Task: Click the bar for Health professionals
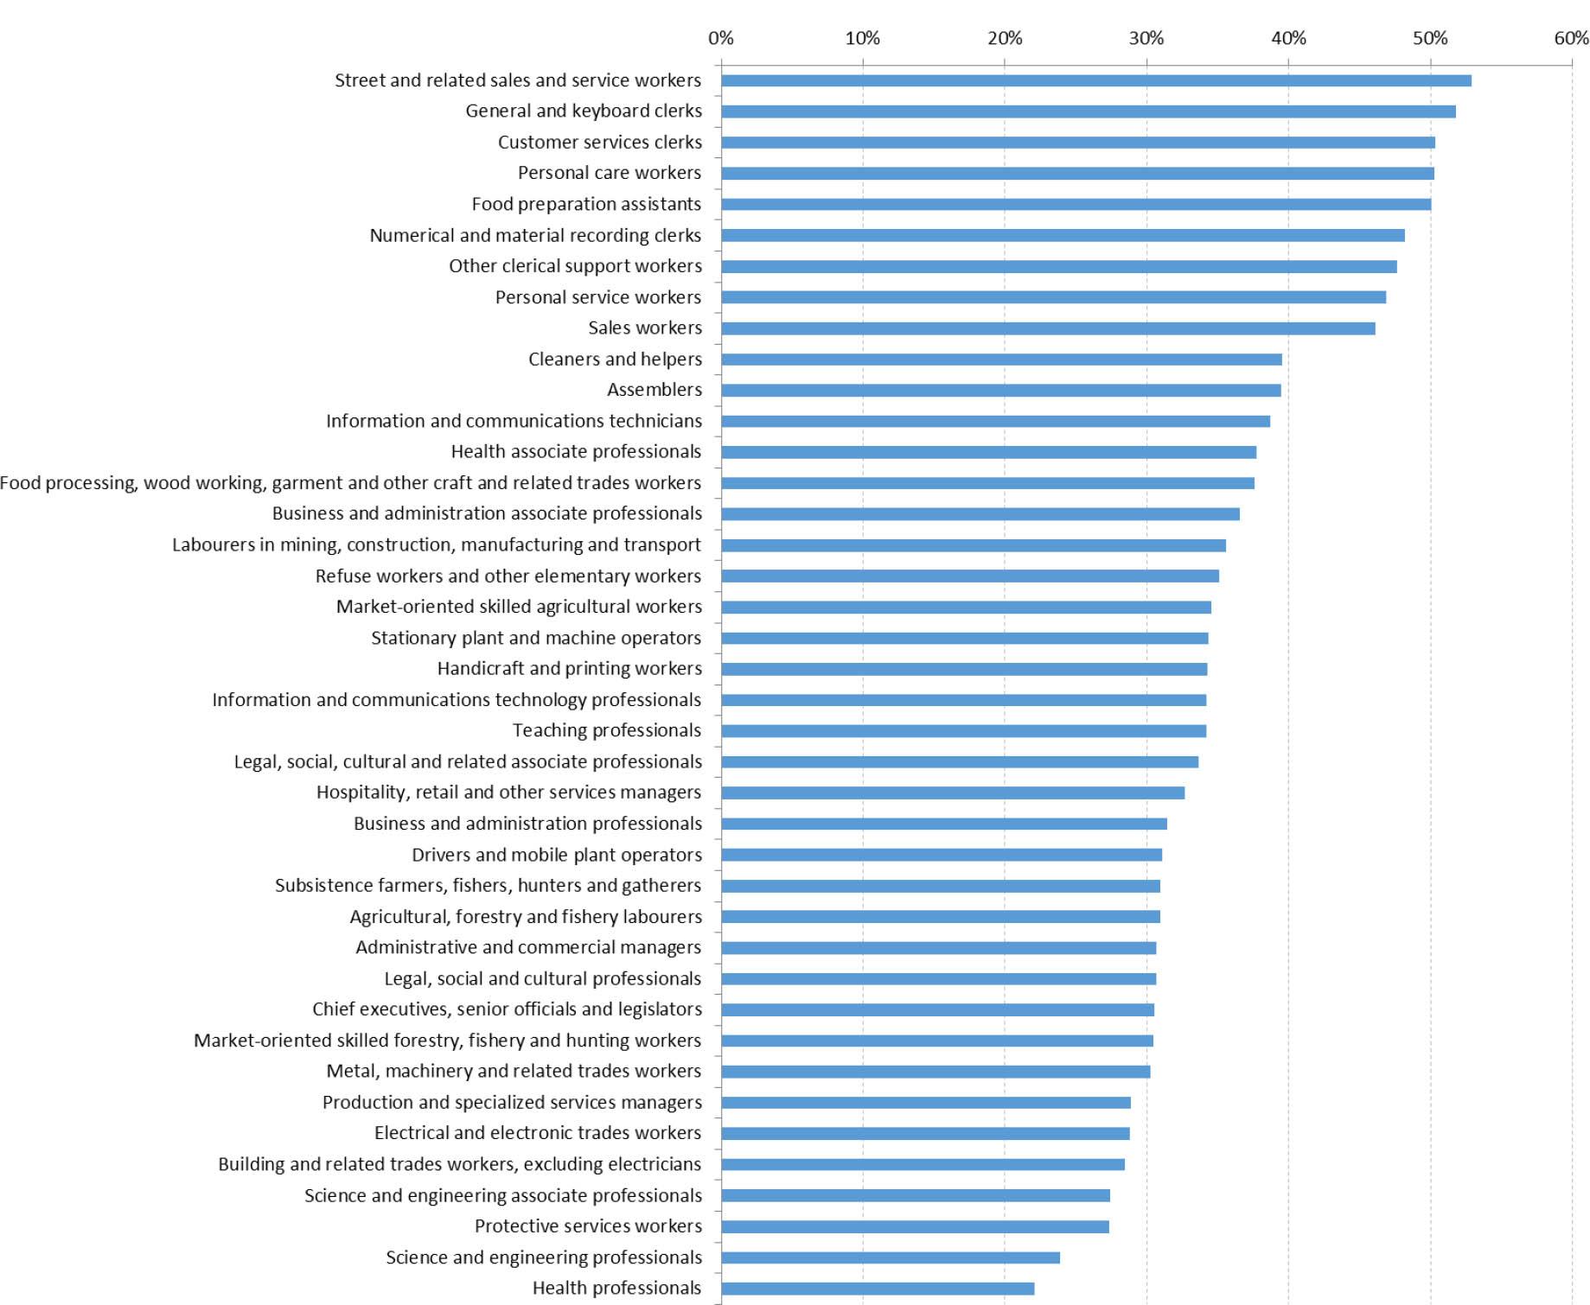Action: [x=878, y=1289]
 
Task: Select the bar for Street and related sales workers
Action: [x=1095, y=80]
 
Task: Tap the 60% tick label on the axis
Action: [x=1571, y=38]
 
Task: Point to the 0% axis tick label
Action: [x=720, y=38]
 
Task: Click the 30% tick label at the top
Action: [x=1146, y=38]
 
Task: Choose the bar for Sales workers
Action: [x=1048, y=328]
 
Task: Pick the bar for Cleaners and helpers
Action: [x=1001, y=360]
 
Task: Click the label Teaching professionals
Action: [x=606, y=730]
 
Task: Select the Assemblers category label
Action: [x=654, y=390]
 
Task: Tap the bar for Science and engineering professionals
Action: [x=891, y=1257]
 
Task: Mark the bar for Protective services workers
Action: [x=915, y=1226]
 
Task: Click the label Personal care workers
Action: [x=609, y=173]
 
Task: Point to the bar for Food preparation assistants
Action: [x=1076, y=205]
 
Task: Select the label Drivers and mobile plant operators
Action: [x=556, y=855]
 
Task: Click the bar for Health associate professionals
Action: [x=988, y=452]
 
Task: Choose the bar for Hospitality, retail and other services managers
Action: [x=953, y=793]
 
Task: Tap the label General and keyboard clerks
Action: [x=584, y=111]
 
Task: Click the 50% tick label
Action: [x=1430, y=38]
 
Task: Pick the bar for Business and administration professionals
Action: [x=944, y=824]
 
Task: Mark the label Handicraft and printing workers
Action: [x=569, y=668]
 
